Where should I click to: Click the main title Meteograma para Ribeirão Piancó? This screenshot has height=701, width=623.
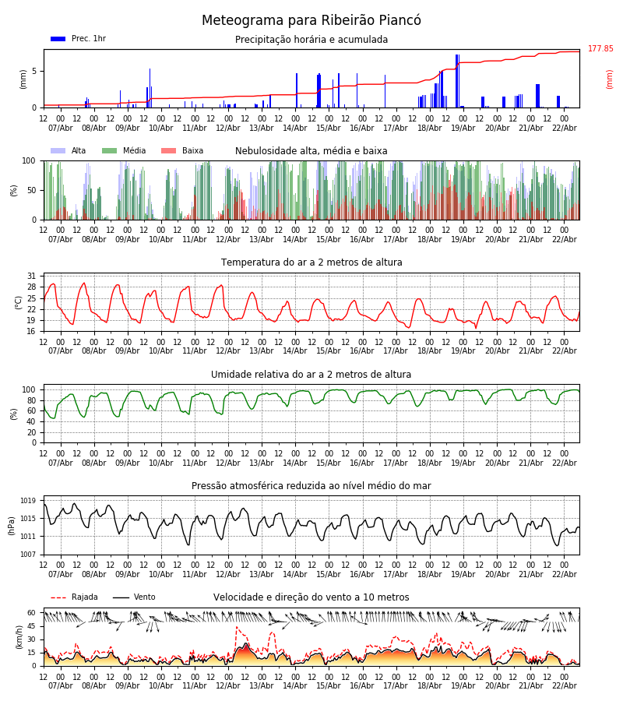pos(311,21)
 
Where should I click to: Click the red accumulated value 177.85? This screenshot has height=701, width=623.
pos(600,49)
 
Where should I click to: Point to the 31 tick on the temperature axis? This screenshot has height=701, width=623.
pos(31,276)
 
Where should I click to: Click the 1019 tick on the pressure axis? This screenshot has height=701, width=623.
pos(28,501)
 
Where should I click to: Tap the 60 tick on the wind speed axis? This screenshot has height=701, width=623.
pos(31,613)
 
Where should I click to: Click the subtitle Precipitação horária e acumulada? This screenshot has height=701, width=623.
pos(311,40)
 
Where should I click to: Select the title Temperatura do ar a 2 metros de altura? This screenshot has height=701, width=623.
pos(311,262)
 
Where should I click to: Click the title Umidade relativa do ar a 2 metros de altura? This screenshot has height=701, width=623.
pos(311,375)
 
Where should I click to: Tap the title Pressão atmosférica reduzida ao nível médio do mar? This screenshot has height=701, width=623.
pos(311,486)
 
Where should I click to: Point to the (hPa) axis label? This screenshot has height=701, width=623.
pos(12,525)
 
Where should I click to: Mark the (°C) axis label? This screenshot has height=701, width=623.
pos(18,302)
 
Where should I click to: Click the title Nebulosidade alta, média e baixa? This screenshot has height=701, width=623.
pos(311,151)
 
